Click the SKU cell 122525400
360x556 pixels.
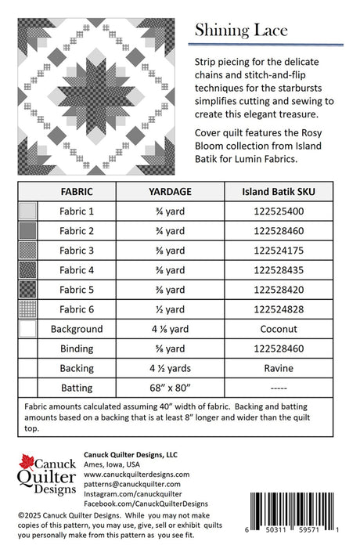279,211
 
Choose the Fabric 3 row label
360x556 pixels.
77,251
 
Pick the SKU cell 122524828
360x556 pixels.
279,309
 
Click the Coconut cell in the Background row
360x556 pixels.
279,329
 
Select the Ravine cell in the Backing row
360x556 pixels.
279,368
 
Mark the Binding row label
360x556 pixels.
77,348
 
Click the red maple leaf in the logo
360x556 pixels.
27,462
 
